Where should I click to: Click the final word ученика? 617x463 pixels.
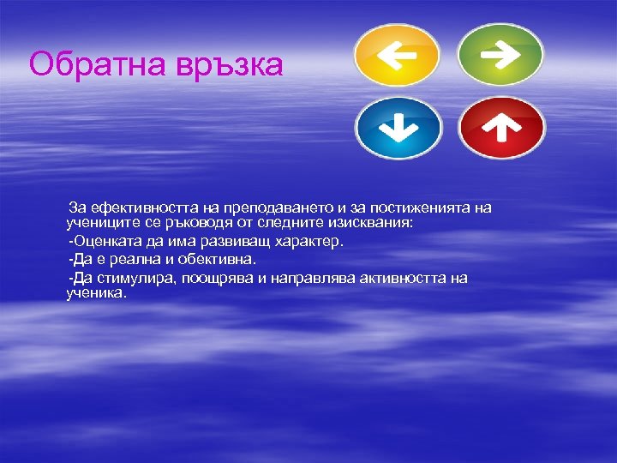click(x=96, y=292)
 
